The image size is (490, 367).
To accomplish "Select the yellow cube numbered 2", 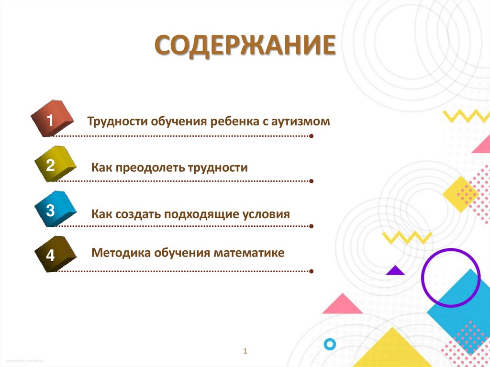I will pyautogui.click(x=54, y=164).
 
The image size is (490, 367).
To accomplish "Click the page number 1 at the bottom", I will pyautogui.click(x=245, y=352).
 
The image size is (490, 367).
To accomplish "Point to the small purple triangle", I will pyautogui.click(x=395, y=271).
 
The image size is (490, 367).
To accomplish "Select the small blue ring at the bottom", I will pyautogui.click(x=329, y=344).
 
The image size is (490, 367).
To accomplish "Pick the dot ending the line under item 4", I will pyautogui.click(x=312, y=271).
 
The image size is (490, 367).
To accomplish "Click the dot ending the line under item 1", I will pyautogui.click(x=312, y=136).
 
